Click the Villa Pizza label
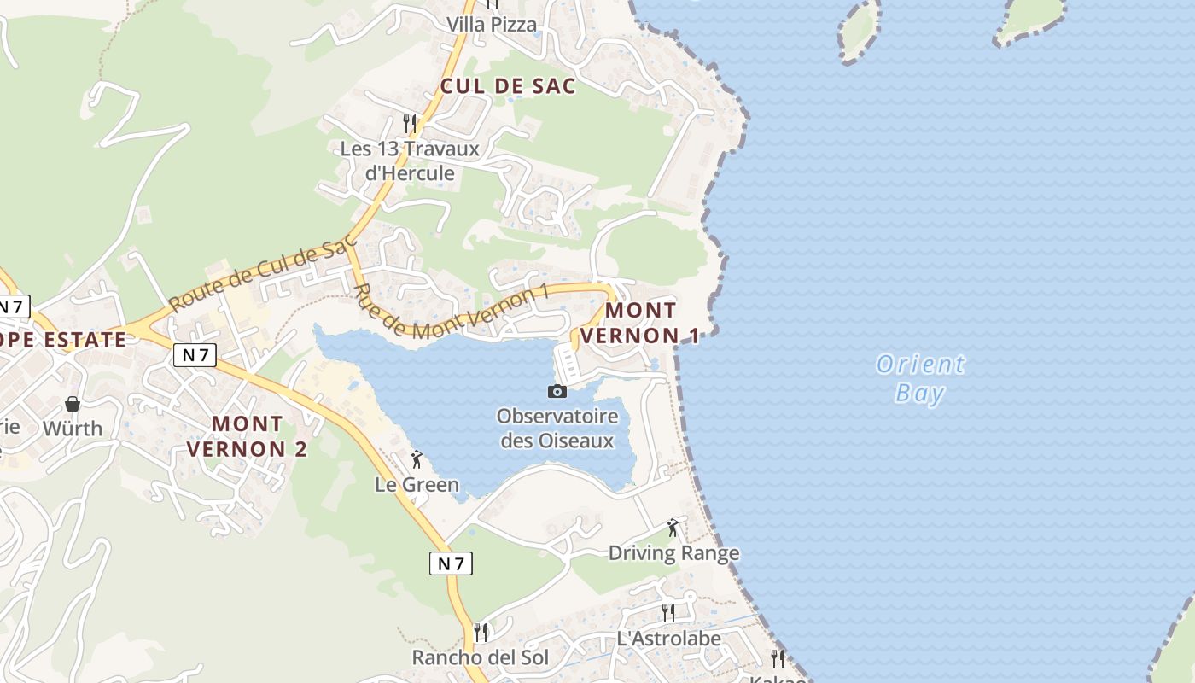pos(493,24)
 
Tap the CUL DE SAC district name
pos(508,86)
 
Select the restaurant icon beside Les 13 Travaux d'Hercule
pos(410,124)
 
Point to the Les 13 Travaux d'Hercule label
pos(410,161)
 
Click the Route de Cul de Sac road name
pos(260,274)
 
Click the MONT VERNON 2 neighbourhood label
pos(247,435)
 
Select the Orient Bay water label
pos(920,378)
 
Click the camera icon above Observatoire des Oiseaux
pos(557,391)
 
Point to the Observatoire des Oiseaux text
pos(557,429)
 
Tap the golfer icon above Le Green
pos(417,460)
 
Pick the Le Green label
pos(417,485)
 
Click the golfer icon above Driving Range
pos(673,528)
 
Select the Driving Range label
pos(673,553)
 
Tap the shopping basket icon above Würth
pos(73,403)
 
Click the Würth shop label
pos(73,429)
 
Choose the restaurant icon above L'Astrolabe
pos(668,612)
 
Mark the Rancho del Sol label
pos(481,657)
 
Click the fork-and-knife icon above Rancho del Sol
pos(481,632)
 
